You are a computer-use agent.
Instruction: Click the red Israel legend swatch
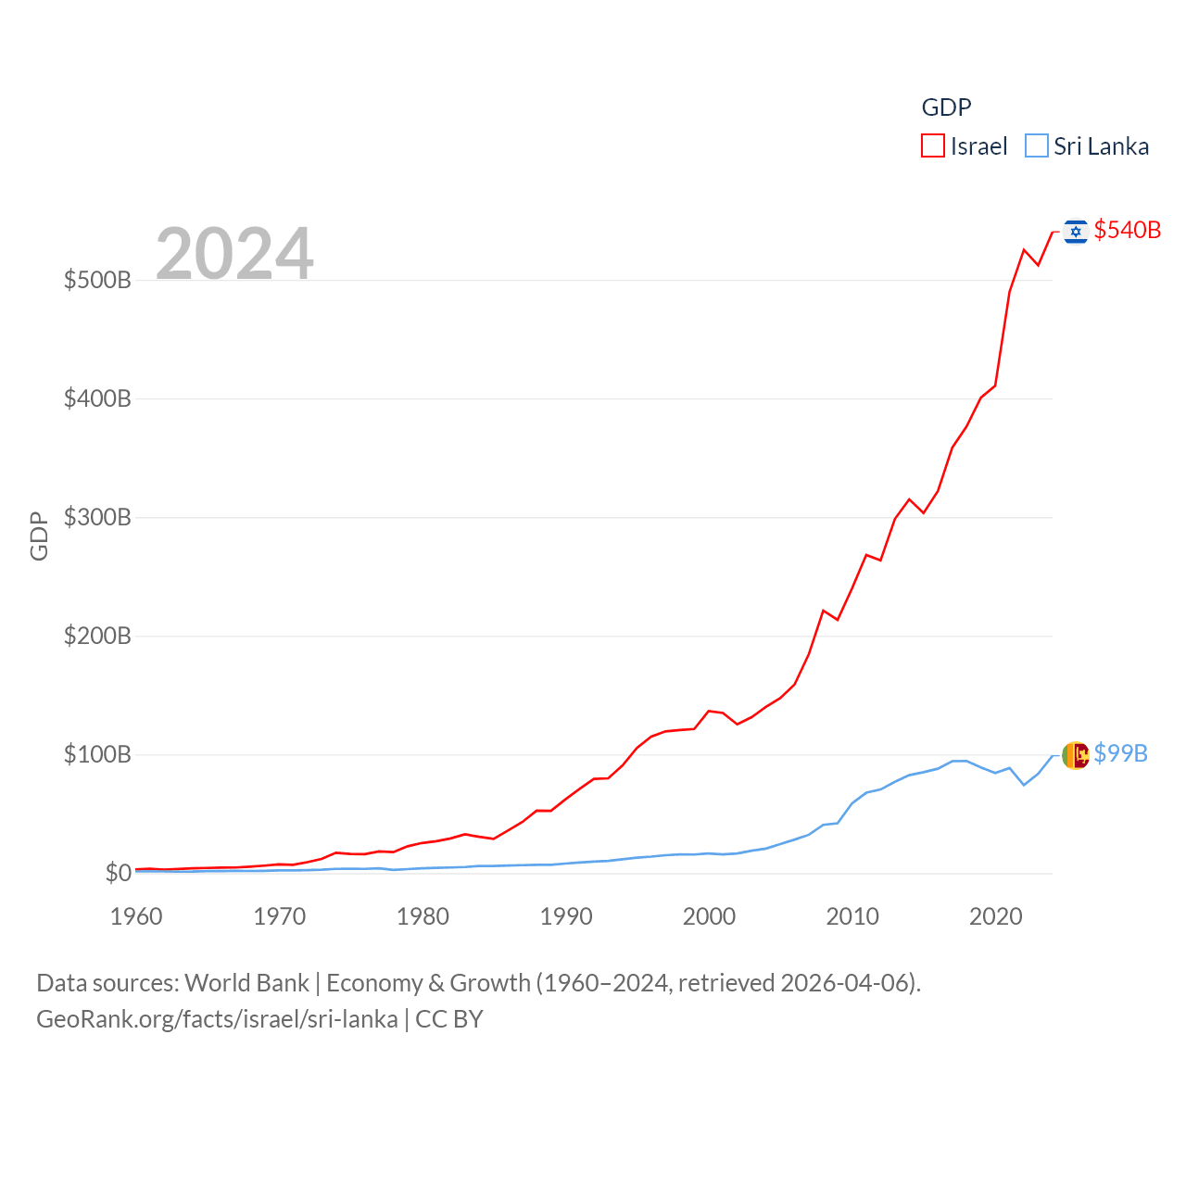tap(932, 146)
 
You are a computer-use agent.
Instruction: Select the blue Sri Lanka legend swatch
tap(1036, 146)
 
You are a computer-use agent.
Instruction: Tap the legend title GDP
tap(946, 107)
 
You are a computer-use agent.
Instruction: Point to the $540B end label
tap(1127, 230)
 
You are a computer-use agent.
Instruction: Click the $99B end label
tap(1120, 753)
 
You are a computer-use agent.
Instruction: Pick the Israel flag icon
tap(1075, 231)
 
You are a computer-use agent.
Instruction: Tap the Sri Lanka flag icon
tap(1075, 755)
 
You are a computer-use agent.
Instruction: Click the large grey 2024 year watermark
tap(234, 253)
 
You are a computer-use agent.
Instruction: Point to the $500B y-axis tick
tap(97, 280)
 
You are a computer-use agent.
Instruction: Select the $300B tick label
tap(97, 517)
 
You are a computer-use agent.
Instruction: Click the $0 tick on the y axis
tap(118, 873)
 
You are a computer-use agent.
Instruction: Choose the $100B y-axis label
tap(97, 754)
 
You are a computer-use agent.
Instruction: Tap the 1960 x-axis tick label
tap(136, 916)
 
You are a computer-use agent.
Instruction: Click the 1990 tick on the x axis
tap(566, 916)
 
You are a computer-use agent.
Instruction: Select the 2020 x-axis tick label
tap(995, 916)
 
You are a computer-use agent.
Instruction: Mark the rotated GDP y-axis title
tap(39, 536)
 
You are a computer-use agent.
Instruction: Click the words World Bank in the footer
tap(246, 982)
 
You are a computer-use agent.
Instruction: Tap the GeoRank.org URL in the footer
tap(217, 1019)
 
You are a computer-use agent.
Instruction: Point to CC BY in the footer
tap(449, 1019)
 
